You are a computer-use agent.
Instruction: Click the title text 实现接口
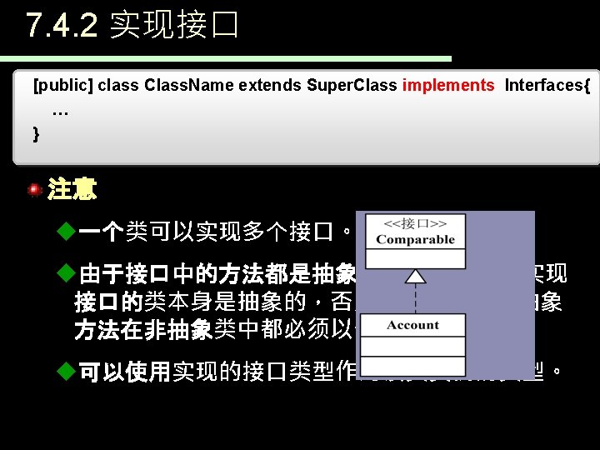pos(174,25)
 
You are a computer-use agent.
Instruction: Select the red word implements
pos(447,85)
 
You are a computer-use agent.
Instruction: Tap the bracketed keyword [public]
pos(62,85)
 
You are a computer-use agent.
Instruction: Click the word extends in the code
pos(270,85)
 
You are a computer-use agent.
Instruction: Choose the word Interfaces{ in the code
pos(547,85)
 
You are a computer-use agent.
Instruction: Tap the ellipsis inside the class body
pos(60,111)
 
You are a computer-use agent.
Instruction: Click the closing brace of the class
pos(36,132)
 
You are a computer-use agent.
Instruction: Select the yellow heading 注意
pos(72,190)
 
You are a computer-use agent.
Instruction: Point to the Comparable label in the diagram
pos(415,239)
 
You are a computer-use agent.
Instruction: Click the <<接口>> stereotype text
pos(415,223)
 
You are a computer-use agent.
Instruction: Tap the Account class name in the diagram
pos(412,325)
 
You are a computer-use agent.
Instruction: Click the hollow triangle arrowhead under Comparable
pos(414,274)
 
